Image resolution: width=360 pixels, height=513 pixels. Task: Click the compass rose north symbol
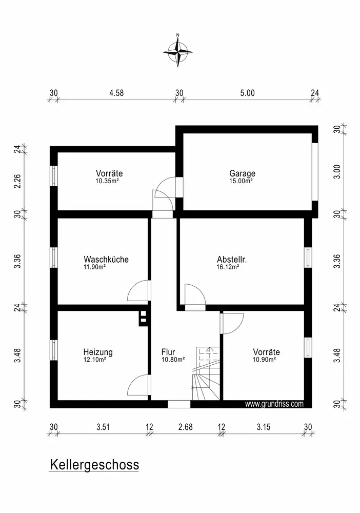coord(178,51)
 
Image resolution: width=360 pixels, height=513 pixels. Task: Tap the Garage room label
coord(242,173)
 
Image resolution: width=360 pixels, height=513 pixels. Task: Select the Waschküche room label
coord(106,260)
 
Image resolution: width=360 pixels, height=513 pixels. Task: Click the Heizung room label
coord(98,352)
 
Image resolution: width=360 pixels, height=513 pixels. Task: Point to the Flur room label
coord(168,352)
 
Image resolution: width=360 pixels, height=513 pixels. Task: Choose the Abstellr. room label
coord(232,260)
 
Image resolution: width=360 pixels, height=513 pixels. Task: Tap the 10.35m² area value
coord(107,181)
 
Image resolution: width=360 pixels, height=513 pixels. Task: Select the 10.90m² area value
coord(264,360)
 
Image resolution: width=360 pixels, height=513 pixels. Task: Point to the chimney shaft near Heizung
coord(144,318)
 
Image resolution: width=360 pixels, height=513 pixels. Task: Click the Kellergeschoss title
coord(94,465)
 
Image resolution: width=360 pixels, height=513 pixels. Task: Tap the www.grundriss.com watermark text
coord(274,404)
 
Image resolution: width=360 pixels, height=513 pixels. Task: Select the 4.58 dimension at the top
coord(116,93)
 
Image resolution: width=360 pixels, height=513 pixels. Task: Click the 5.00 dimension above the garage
coord(247,93)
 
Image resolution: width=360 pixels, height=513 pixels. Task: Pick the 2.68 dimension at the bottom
coord(185,426)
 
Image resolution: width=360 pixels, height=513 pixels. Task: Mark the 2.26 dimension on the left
coord(17,182)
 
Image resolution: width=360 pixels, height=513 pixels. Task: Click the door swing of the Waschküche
coord(139,291)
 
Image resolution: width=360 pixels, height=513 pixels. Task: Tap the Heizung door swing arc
coord(138,385)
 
